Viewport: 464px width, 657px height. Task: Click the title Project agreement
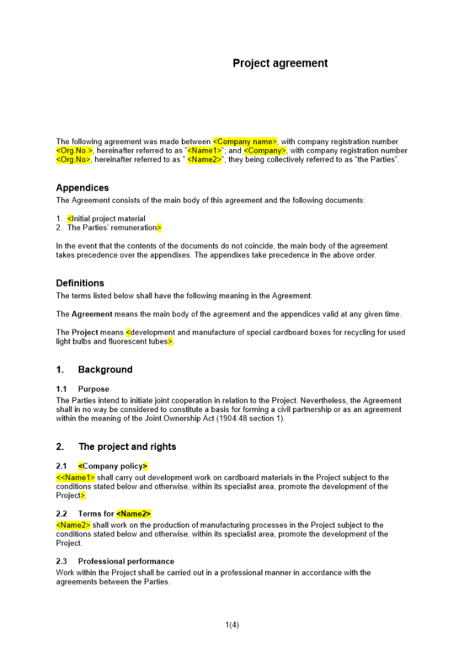click(x=280, y=64)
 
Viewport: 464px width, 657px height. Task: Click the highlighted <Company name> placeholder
click(x=245, y=141)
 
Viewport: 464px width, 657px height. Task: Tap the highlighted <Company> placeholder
click(x=265, y=150)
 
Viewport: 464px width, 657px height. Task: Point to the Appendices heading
click(x=83, y=188)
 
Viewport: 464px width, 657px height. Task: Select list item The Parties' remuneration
click(x=113, y=228)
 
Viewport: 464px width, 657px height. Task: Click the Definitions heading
click(x=80, y=283)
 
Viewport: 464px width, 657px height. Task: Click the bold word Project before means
click(x=85, y=332)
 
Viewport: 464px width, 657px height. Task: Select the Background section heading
click(x=105, y=370)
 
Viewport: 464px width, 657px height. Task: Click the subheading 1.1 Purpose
click(x=93, y=389)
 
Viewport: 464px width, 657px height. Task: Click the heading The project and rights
click(x=127, y=447)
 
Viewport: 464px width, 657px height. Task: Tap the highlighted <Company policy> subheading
click(x=113, y=466)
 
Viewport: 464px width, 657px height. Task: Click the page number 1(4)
click(x=232, y=625)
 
